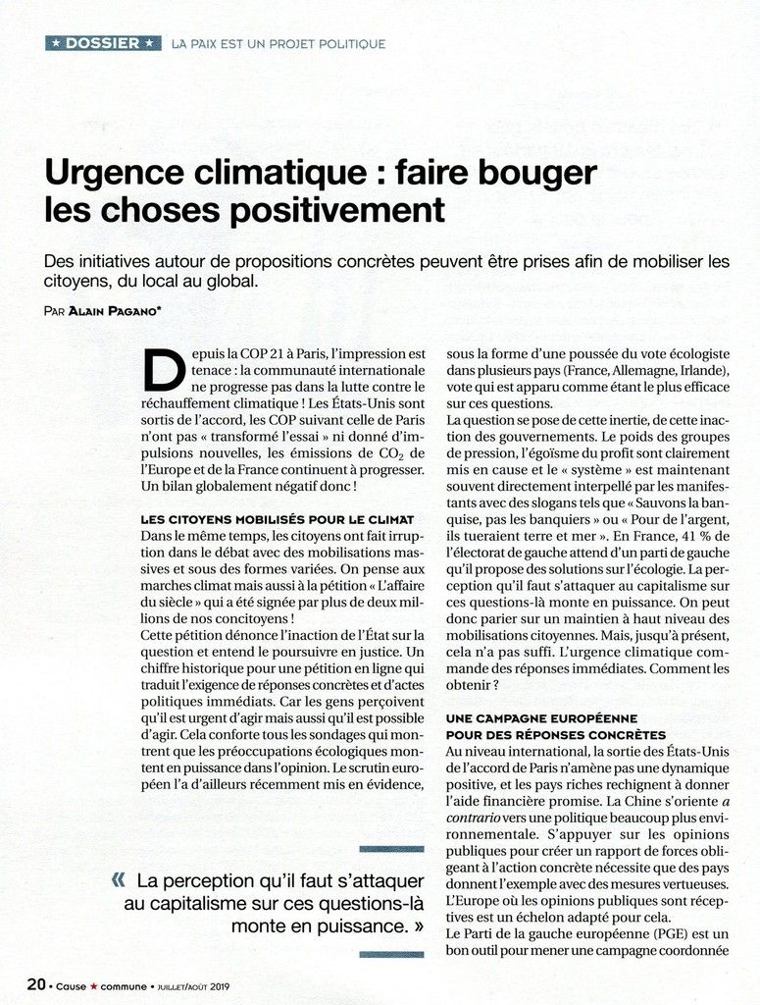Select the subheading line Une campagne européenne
point(541,718)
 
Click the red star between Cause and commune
point(95,984)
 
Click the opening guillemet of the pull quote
point(121,880)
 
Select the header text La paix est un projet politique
point(278,44)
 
